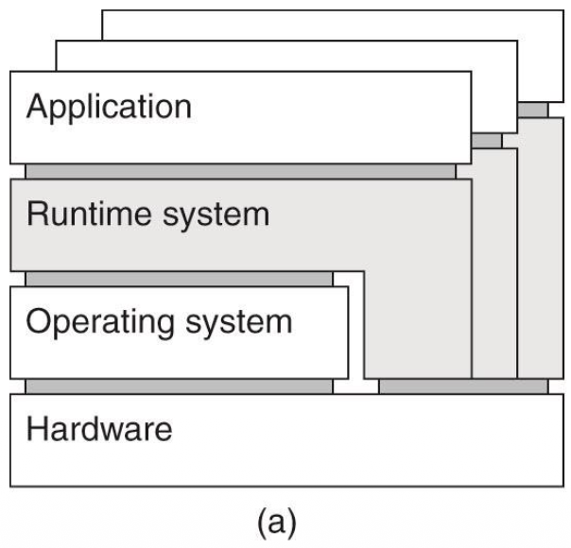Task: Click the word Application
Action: point(109,107)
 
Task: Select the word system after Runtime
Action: point(214,215)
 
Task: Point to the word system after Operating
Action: point(238,323)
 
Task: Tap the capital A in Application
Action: point(37,106)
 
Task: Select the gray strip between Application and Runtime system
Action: point(240,171)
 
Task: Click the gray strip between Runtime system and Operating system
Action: point(179,279)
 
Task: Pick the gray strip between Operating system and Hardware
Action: point(179,385)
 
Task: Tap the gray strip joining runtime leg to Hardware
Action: point(462,385)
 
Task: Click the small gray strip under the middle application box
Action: point(487,140)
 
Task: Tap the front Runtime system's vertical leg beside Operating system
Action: point(417,321)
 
